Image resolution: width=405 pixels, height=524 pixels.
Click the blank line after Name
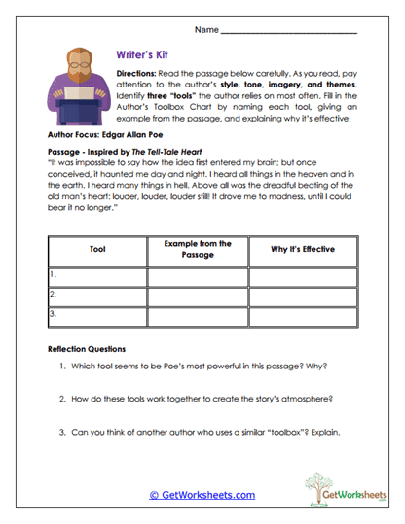tap(289, 31)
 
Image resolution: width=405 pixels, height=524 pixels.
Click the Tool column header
tap(97, 249)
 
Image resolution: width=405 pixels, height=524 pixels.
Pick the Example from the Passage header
tap(198, 249)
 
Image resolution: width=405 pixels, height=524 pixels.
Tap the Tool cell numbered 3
tap(97, 314)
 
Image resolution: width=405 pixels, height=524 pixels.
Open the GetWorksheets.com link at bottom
tap(202, 494)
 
